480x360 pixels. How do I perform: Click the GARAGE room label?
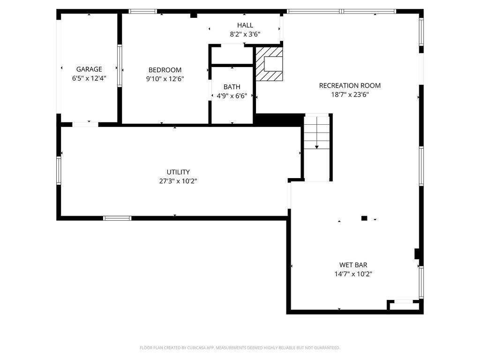pos(89,69)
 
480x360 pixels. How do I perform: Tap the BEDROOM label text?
pos(165,70)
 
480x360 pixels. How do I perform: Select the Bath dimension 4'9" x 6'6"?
pos(232,96)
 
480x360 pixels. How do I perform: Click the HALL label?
pos(245,25)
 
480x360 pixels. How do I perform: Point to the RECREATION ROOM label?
pos(350,85)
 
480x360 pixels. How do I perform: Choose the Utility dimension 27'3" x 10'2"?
pos(178,181)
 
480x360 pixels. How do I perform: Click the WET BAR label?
pos(353,265)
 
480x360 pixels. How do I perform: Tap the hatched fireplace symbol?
pos(269,63)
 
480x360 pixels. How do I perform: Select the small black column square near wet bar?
pos(364,218)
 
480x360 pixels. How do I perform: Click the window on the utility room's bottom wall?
pos(117,218)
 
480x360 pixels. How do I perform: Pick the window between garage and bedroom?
pos(120,66)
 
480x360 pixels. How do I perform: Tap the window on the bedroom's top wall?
pos(142,11)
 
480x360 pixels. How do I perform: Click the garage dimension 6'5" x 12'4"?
pos(89,78)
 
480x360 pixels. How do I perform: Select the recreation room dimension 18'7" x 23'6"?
pos(350,94)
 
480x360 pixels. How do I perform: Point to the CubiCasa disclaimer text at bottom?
pos(240,348)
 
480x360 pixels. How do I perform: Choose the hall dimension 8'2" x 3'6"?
pos(245,34)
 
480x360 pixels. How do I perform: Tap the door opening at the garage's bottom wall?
pos(85,124)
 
